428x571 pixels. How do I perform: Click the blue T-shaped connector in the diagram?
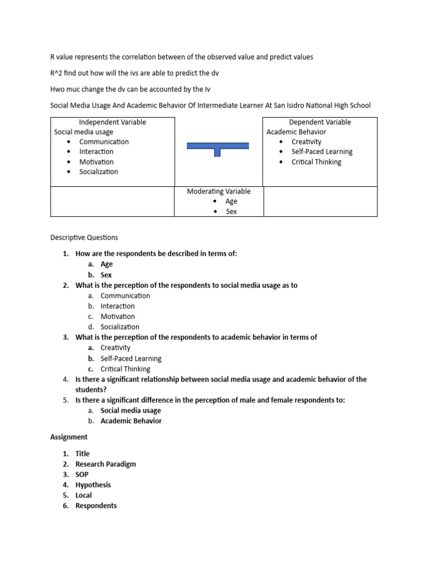(x=217, y=147)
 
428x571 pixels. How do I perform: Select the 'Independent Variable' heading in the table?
(x=112, y=122)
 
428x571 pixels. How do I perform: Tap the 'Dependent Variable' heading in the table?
(x=320, y=122)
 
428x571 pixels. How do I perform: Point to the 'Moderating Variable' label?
(x=218, y=191)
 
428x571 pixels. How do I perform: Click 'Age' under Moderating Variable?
(x=231, y=201)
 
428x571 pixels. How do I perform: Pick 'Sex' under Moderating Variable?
(x=231, y=212)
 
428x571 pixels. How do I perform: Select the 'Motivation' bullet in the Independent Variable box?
(x=96, y=162)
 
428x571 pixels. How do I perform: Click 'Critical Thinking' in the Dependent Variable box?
(x=316, y=162)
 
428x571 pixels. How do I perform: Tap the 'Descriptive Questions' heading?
(x=84, y=238)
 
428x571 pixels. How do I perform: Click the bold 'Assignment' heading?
(x=69, y=437)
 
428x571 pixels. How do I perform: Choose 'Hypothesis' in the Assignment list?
(x=93, y=485)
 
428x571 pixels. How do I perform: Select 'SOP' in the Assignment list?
(x=82, y=475)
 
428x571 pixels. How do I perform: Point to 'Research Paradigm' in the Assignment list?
(x=105, y=464)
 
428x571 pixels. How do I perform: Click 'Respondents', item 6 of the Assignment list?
(x=96, y=506)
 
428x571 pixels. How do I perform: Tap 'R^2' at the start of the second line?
(x=57, y=73)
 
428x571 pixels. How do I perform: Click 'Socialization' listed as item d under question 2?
(x=120, y=327)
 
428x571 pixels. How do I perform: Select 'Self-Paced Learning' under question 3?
(x=131, y=359)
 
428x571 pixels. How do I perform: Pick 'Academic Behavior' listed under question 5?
(x=131, y=421)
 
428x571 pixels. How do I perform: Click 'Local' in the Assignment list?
(x=84, y=495)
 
